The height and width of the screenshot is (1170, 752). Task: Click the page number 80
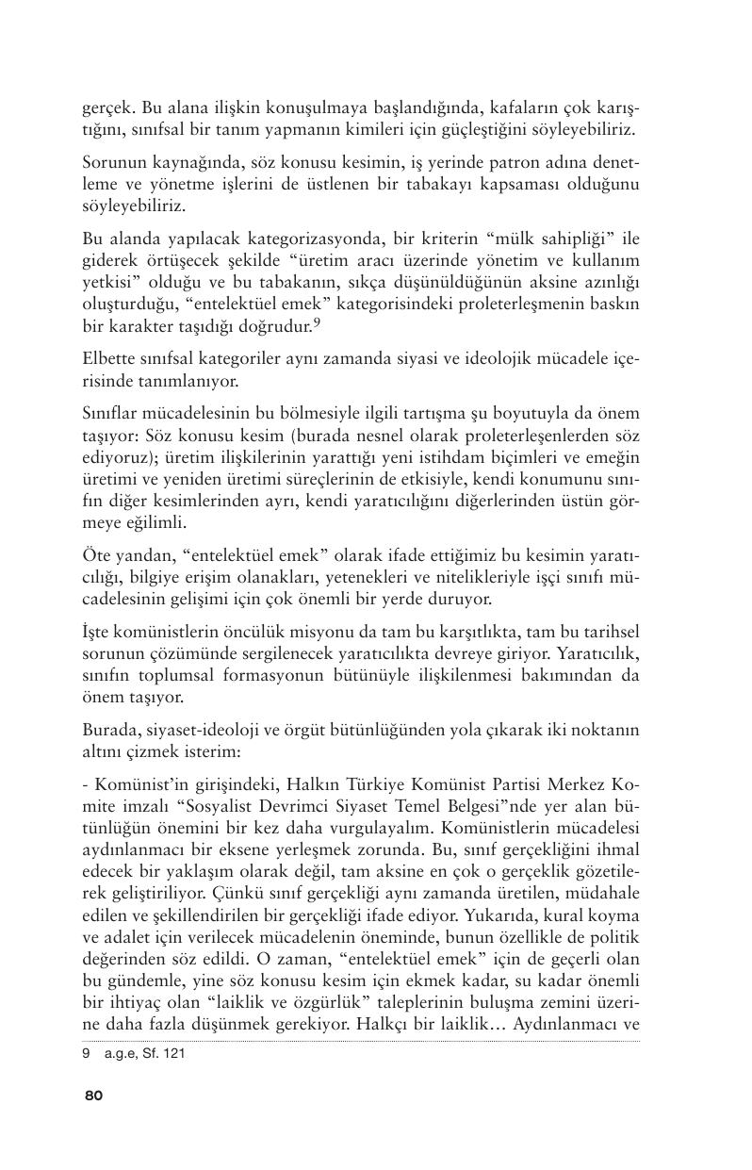coord(92,1096)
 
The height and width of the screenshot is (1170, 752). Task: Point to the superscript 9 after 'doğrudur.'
coord(317,322)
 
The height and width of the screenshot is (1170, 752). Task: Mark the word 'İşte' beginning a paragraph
coord(97,631)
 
